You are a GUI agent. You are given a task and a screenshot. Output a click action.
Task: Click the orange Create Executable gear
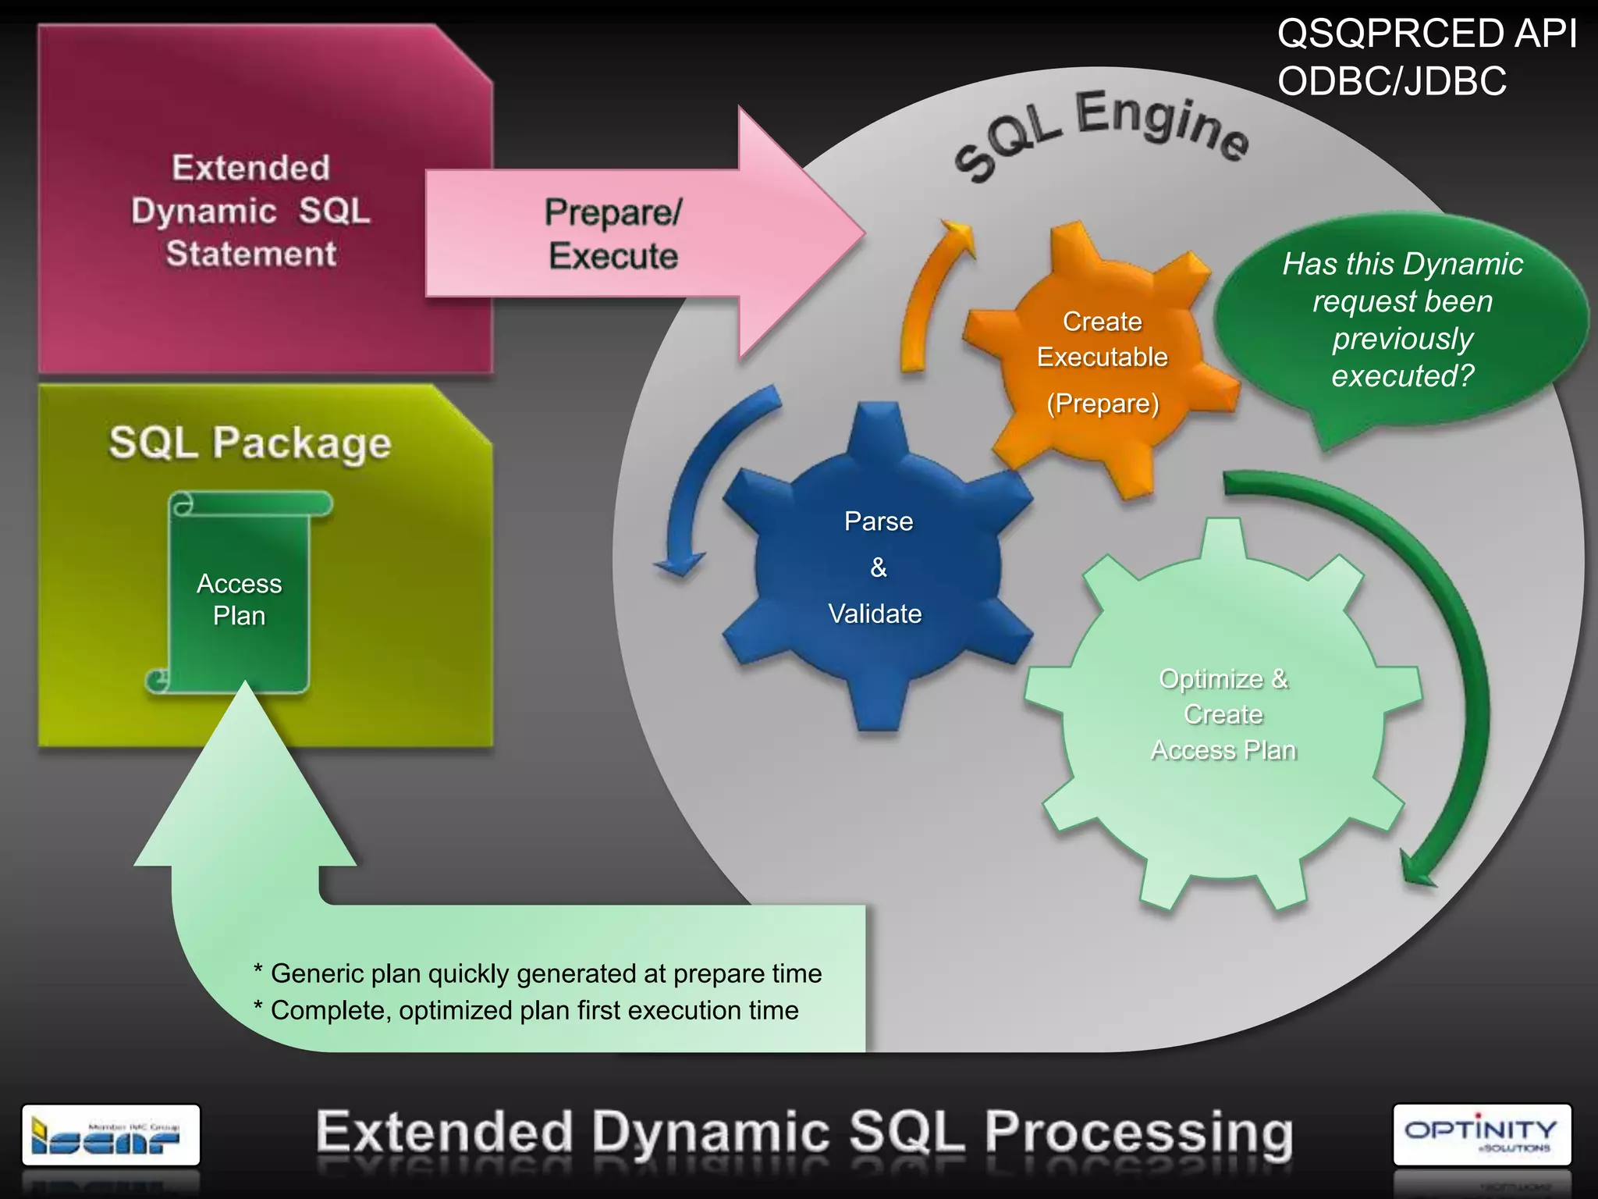(1101, 359)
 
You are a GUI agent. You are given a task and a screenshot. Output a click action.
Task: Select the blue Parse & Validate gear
(877, 567)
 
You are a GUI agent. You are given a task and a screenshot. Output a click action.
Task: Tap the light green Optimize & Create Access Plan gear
(1223, 714)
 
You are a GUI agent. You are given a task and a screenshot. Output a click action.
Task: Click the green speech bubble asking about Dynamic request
(1401, 320)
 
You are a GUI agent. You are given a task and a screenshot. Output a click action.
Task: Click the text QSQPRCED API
(1426, 34)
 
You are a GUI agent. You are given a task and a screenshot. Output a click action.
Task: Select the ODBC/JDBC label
(1391, 81)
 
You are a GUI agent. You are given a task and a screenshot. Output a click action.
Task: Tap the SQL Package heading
(250, 443)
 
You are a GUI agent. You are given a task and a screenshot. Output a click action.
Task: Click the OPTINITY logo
(1481, 1133)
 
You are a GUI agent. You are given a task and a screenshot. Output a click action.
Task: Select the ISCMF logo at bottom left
(110, 1134)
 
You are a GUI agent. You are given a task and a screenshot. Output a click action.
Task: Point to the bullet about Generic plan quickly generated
(538, 973)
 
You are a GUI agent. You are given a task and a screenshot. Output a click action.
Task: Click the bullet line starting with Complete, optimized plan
(527, 1010)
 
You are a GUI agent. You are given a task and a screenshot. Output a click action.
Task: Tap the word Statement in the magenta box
(251, 254)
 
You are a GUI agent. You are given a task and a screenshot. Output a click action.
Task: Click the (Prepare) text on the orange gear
(1103, 404)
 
